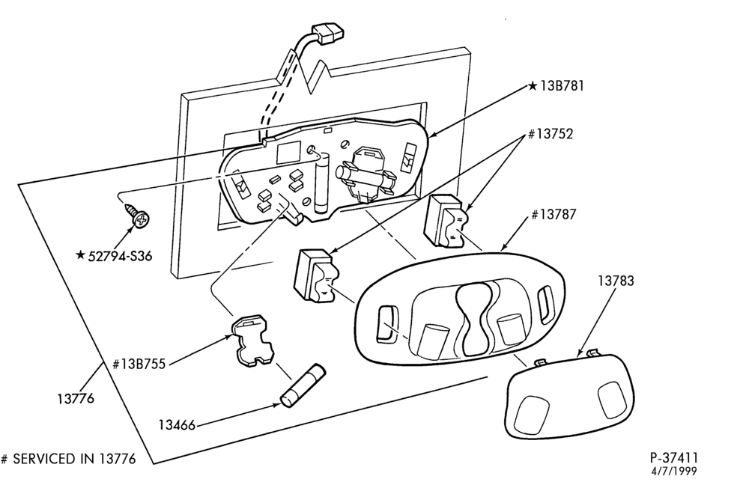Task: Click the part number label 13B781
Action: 562,86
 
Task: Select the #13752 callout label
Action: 550,134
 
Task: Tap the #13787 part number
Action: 554,215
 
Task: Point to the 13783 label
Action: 616,281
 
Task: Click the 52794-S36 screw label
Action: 121,257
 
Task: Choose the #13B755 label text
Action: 139,365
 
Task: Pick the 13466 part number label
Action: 177,424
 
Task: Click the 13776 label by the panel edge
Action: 76,398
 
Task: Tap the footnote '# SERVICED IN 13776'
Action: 68,459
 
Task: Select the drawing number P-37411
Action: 673,458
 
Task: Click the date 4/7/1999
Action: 674,472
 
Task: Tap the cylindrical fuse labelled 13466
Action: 303,386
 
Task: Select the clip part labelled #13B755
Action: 252,341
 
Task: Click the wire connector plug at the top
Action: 327,33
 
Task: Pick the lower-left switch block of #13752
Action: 316,276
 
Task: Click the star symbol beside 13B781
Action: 533,86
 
